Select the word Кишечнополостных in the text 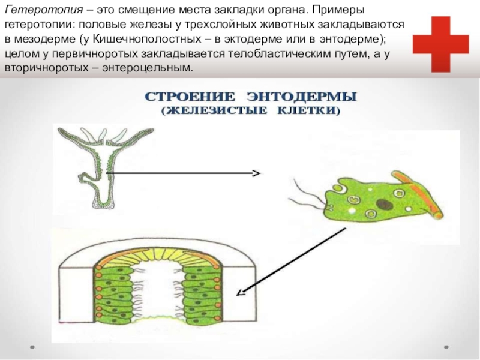pyautogui.click(x=139, y=40)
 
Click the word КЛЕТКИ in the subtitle pyautogui.click(x=307, y=111)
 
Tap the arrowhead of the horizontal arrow pyautogui.click(x=256, y=173)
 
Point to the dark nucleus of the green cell pyautogui.click(x=381, y=205)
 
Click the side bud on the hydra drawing pyautogui.click(x=85, y=178)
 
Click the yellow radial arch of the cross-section pyautogui.click(x=162, y=251)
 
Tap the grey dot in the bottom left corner pyautogui.click(x=33, y=347)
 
